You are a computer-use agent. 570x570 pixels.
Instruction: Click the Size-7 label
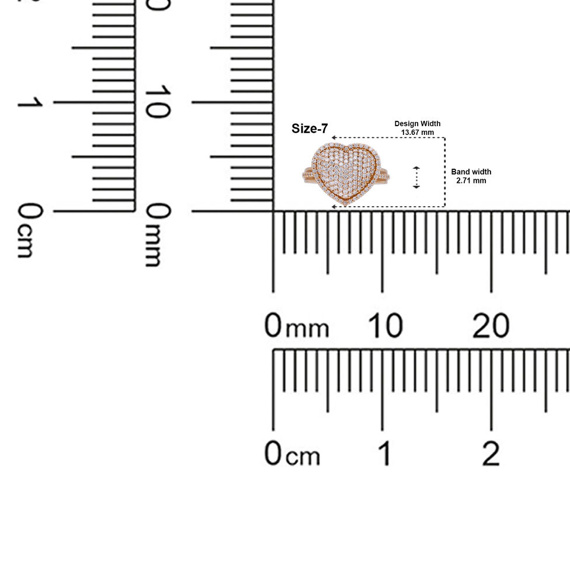[x=310, y=128]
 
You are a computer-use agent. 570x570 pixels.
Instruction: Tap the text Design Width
[x=418, y=124]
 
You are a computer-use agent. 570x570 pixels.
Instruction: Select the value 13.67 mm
[x=418, y=133]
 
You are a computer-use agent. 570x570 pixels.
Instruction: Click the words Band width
[x=471, y=172]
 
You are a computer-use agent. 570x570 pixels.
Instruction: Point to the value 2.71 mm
[x=471, y=180]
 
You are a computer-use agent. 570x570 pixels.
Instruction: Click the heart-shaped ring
[x=346, y=175]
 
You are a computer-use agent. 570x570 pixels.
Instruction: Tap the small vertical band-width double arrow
[x=416, y=178]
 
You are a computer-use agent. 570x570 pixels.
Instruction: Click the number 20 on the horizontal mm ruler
[x=491, y=325]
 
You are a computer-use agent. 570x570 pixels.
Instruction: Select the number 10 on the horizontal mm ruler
[x=385, y=325]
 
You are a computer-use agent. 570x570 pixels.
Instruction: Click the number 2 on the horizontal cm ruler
[x=491, y=453]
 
